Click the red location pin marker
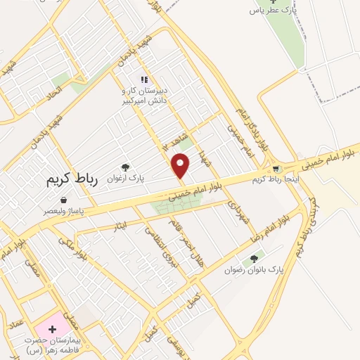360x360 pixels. (x=181, y=165)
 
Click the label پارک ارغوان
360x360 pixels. (x=126, y=179)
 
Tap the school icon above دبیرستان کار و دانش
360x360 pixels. (x=144, y=80)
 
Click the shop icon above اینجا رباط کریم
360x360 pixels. (x=276, y=169)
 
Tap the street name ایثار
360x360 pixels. (x=120, y=226)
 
